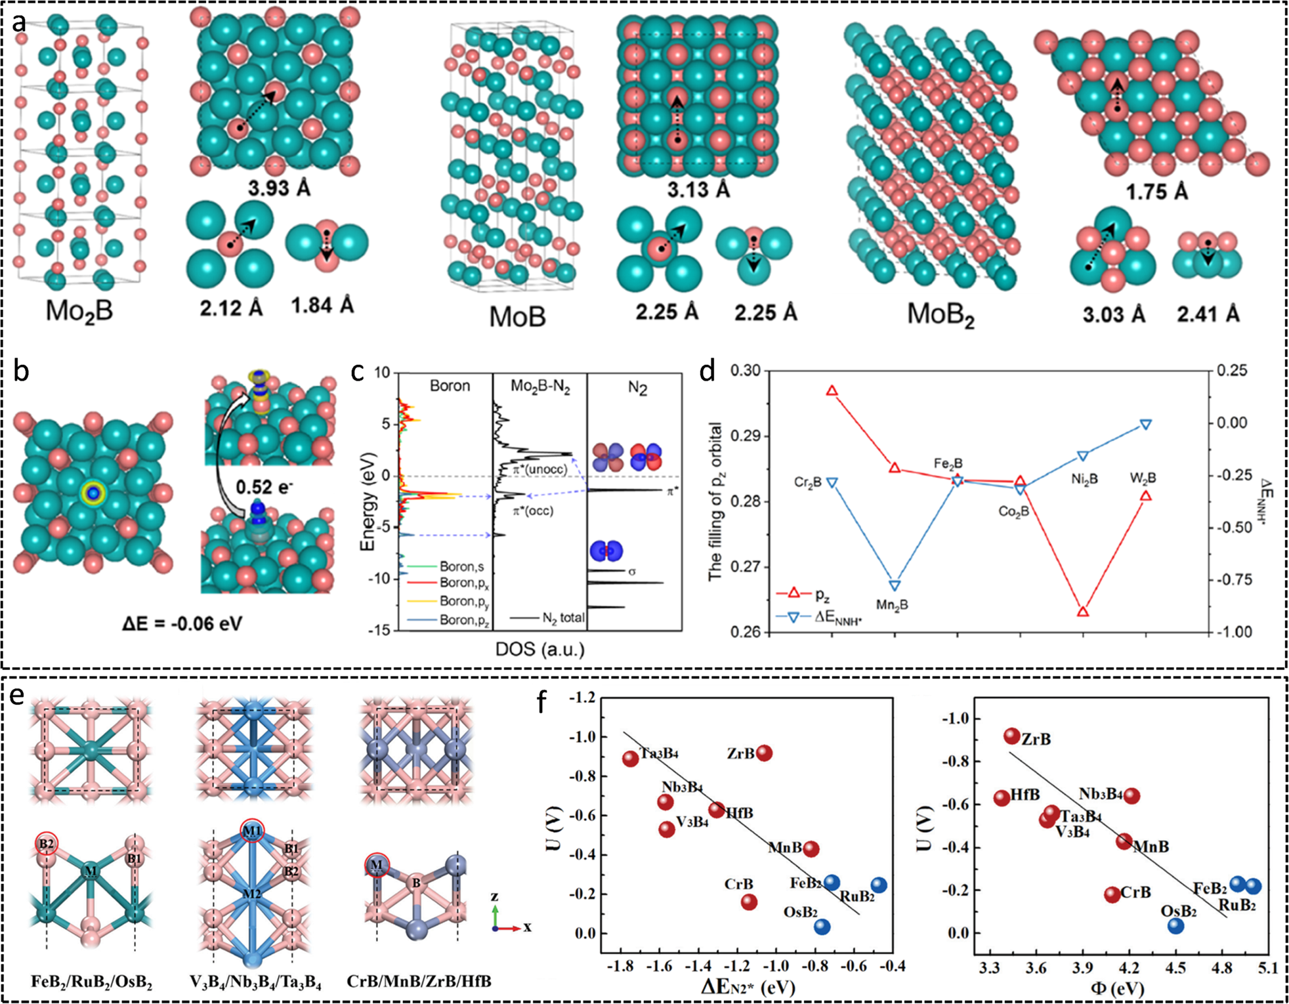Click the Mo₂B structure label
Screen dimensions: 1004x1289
[x=79, y=310]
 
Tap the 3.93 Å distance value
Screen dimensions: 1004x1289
[x=279, y=188]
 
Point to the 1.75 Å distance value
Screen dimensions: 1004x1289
[x=1156, y=192]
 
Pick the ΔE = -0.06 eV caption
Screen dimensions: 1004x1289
[x=182, y=623]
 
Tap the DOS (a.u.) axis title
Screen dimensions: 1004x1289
[x=540, y=650]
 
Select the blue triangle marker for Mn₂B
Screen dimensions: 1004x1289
[x=895, y=585]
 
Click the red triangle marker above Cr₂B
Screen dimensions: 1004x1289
[x=832, y=390]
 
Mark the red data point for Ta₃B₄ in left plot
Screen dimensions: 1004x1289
[x=630, y=759]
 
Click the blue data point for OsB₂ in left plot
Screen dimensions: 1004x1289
[x=822, y=927]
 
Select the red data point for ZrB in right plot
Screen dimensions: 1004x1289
[x=1012, y=736]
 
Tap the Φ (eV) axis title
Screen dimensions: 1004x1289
[x=1117, y=988]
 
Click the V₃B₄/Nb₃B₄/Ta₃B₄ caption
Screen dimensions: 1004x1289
[x=255, y=982]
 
